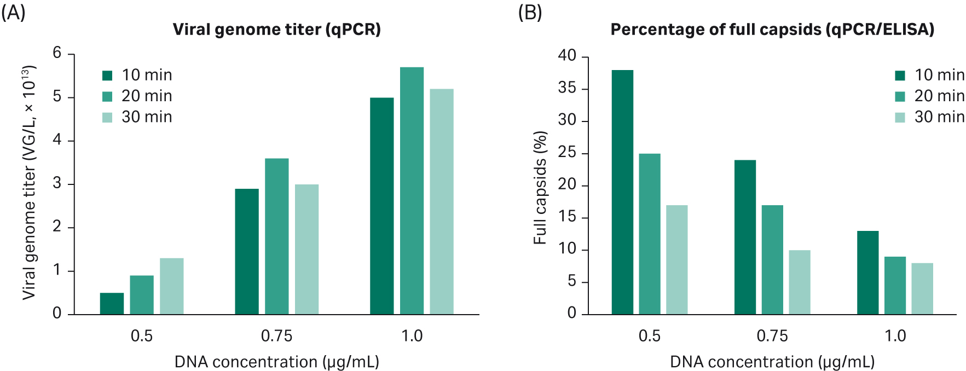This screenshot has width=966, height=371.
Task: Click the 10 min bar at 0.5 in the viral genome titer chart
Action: click(x=112, y=304)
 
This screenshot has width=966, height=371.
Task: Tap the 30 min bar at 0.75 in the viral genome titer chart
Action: click(x=306, y=249)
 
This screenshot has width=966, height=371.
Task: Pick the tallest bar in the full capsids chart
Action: click(x=622, y=192)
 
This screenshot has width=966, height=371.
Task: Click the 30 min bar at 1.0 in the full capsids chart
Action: click(x=922, y=288)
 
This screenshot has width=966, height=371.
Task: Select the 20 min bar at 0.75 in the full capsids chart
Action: click(x=772, y=259)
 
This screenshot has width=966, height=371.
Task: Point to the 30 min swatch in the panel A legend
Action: click(x=107, y=117)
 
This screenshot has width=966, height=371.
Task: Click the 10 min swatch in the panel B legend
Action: click(x=900, y=76)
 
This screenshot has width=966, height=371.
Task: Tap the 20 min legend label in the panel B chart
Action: click(x=939, y=96)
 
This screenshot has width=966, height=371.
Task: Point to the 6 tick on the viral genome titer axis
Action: click(x=57, y=53)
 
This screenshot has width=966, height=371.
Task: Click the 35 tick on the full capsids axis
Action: click(x=567, y=88)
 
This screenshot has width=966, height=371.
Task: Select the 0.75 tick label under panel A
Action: click(x=276, y=335)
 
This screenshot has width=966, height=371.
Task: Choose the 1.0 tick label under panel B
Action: click(x=895, y=335)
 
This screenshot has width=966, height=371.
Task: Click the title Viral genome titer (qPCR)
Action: click(x=276, y=29)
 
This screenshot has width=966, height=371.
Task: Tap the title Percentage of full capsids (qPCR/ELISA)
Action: click(x=772, y=29)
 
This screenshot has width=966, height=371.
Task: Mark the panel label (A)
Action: click(x=13, y=11)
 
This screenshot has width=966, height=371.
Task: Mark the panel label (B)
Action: click(x=529, y=11)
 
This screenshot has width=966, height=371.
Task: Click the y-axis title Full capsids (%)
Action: click(x=540, y=187)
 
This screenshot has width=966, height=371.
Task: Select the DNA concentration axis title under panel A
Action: click(x=276, y=362)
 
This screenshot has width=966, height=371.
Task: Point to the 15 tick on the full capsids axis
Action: click(x=567, y=217)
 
